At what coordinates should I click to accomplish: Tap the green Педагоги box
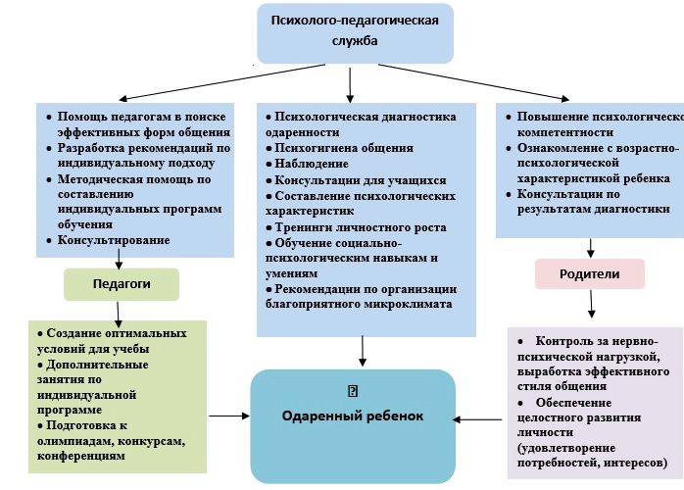(121, 284)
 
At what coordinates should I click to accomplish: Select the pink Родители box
(589, 273)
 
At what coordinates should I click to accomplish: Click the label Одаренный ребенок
(353, 416)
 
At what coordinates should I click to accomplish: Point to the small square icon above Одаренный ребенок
(353, 390)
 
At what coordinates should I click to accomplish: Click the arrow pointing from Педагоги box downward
(120, 312)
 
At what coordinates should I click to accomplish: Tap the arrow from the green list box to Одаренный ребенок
(229, 416)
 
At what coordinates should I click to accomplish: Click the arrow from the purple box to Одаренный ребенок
(480, 420)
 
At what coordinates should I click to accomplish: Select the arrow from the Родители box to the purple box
(589, 305)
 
